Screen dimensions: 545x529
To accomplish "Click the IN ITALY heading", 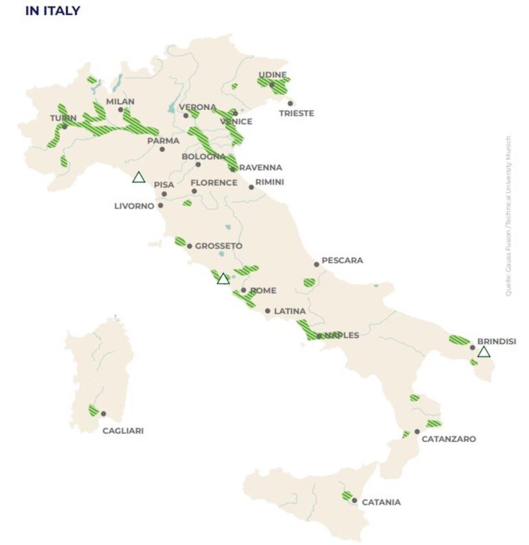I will click(52, 11).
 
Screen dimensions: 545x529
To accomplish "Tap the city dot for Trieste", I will click(290, 104).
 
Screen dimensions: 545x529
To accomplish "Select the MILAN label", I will click(120, 101).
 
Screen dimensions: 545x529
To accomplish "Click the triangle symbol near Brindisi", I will click(483, 352).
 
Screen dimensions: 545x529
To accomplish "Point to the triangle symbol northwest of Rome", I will click(223, 279).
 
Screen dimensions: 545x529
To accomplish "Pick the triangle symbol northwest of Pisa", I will click(139, 177).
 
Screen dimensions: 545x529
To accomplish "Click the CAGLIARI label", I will click(123, 430).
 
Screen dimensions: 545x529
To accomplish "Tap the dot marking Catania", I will click(355, 501).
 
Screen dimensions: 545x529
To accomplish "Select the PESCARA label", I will click(342, 260).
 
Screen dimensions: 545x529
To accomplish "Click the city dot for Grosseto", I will click(189, 246).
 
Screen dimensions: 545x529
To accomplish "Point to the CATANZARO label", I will click(448, 439).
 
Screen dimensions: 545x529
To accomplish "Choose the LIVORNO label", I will click(134, 207).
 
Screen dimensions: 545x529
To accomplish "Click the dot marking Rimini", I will click(251, 187).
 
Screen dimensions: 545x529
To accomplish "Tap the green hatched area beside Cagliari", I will click(93, 410).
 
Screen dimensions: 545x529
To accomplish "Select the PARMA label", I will click(163, 141).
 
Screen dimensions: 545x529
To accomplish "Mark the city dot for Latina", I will click(267, 311).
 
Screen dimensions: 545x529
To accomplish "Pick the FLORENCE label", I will click(213, 182).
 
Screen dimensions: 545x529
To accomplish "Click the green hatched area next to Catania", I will click(347, 495).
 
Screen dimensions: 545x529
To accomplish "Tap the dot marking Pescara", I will click(316, 264).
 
